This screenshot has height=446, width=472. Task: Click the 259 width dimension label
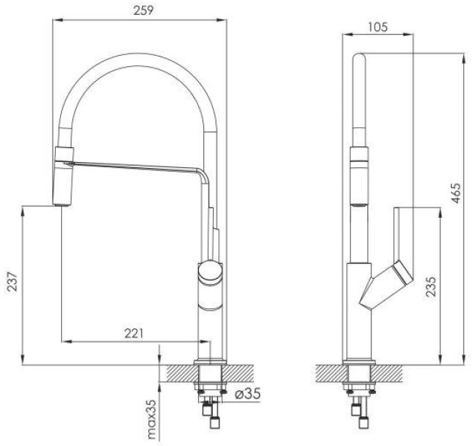pyautogui.click(x=143, y=10)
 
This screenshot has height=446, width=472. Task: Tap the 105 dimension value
pyautogui.click(x=377, y=27)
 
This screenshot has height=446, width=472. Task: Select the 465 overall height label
pyautogui.click(x=456, y=193)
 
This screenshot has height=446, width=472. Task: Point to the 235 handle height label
pyautogui.click(x=431, y=286)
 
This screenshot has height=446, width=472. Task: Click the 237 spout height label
pyautogui.click(x=13, y=281)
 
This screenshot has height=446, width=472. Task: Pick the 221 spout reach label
pyautogui.click(x=134, y=333)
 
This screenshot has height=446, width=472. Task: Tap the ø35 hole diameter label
pyautogui.click(x=247, y=393)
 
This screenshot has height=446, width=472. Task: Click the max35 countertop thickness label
pyautogui.click(x=153, y=419)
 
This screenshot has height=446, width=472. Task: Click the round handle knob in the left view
pyautogui.click(x=210, y=272)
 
